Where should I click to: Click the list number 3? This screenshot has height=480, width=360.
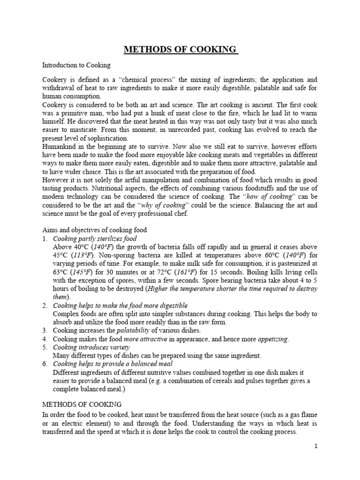45,330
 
